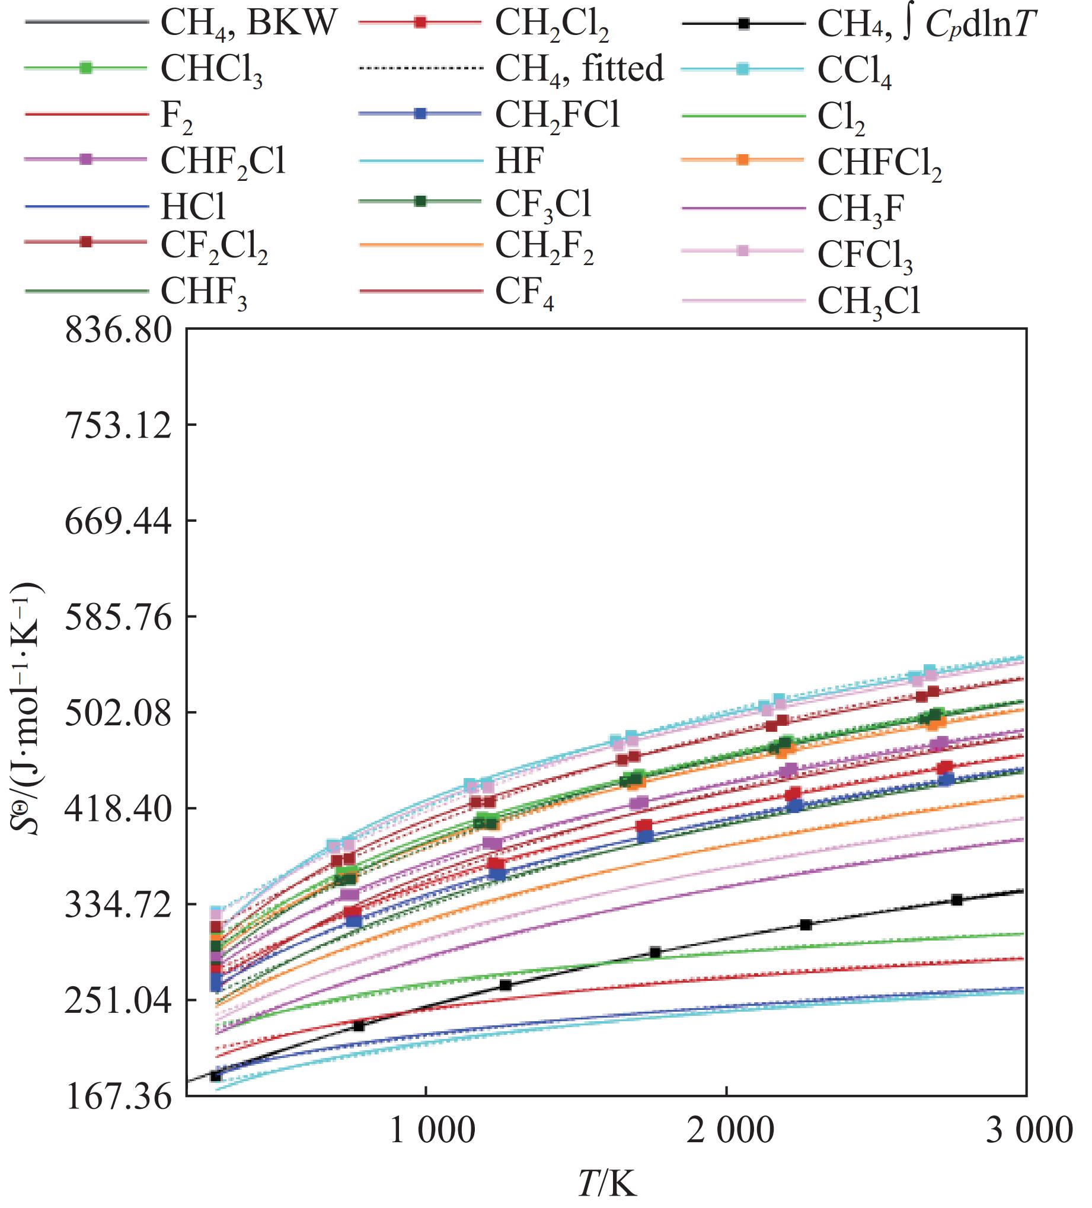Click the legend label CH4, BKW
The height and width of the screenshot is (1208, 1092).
click(x=248, y=24)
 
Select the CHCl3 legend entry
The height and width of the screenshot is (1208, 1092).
click(x=212, y=69)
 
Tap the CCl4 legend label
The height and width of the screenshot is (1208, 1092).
click(x=854, y=71)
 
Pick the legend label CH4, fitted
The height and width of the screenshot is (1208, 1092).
click(x=579, y=68)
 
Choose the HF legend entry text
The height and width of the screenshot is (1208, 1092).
click(x=519, y=161)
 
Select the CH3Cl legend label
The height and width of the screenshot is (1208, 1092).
click(x=869, y=301)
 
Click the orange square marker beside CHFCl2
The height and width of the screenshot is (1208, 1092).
click(x=743, y=160)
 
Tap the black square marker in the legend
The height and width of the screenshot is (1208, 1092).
click(x=743, y=24)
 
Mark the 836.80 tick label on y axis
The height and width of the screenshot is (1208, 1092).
click(x=119, y=330)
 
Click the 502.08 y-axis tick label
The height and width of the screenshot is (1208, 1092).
click(x=119, y=713)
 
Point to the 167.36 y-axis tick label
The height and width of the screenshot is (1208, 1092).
click(x=119, y=1097)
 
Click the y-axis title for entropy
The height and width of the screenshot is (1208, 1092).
click(x=27, y=709)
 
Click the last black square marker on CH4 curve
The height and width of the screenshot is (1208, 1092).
click(x=957, y=900)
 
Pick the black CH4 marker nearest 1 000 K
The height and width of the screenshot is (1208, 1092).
click(x=505, y=985)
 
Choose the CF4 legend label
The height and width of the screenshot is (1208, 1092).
click(x=524, y=294)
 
